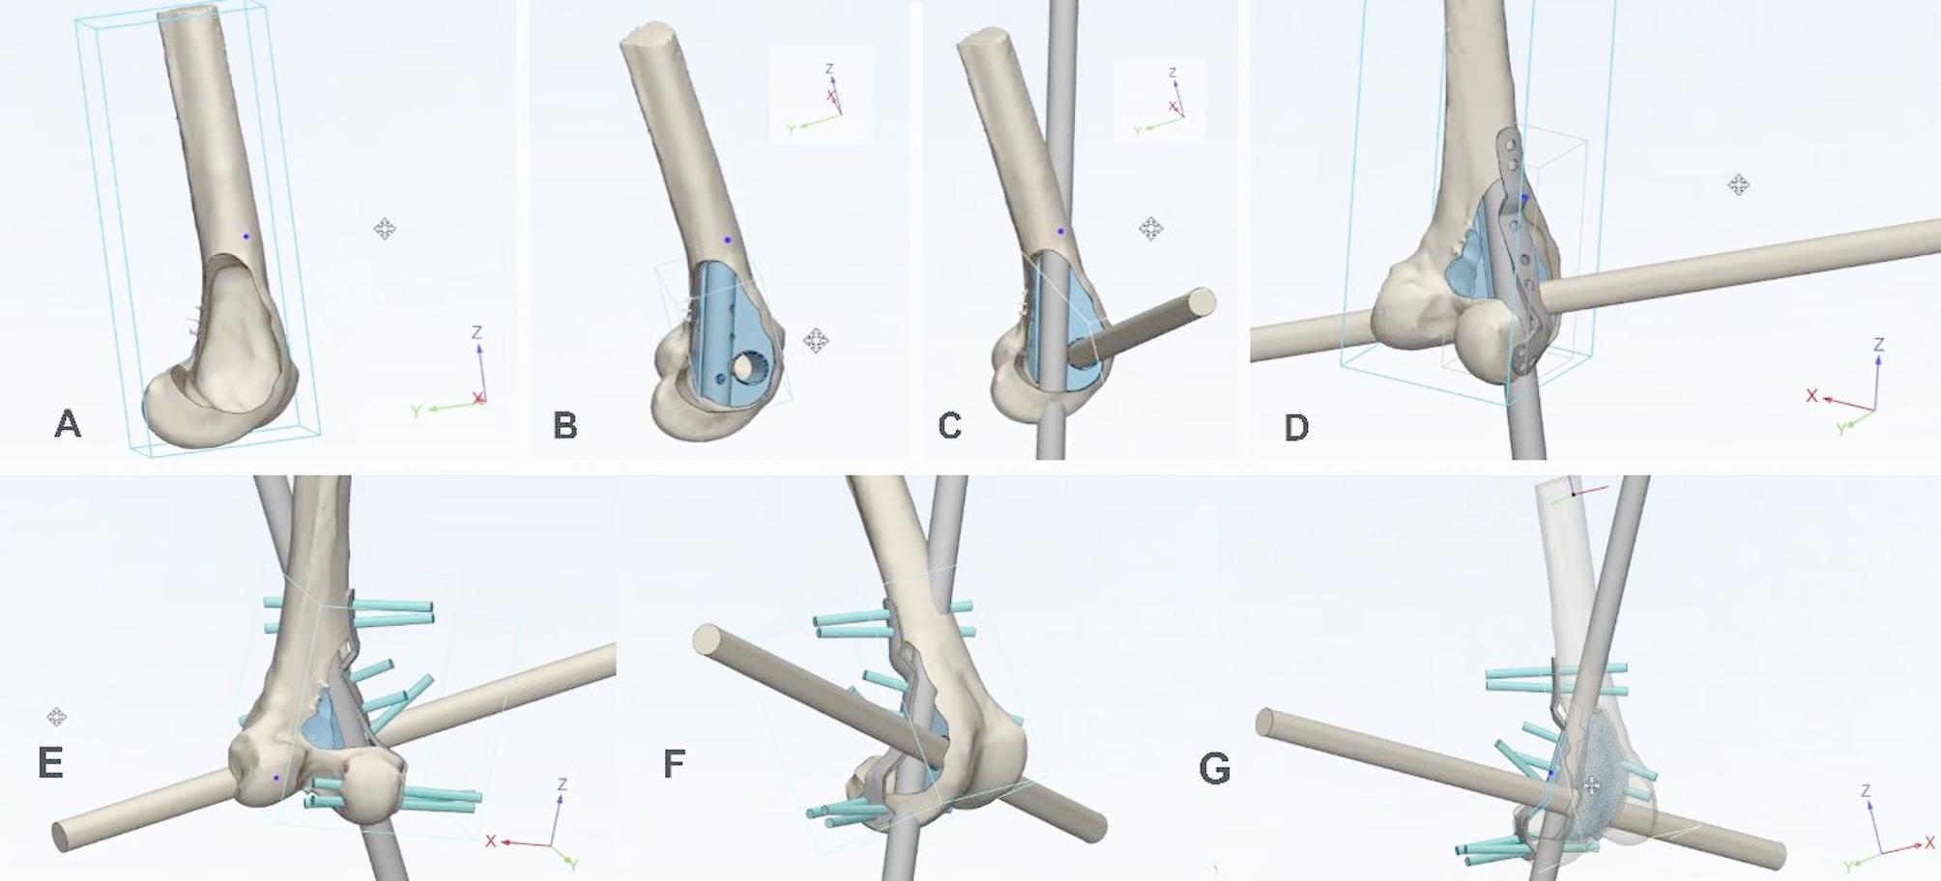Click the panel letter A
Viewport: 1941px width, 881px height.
coord(68,423)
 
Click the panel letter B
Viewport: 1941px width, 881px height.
coord(565,425)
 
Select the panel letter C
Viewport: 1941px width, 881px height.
coord(950,425)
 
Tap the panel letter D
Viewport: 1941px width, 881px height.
coord(1296,427)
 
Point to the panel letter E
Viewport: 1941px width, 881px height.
coord(50,763)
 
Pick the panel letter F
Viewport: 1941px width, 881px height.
coord(674,763)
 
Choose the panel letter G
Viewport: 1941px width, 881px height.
coord(1215,769)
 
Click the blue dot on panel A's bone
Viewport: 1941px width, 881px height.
coord(246,237)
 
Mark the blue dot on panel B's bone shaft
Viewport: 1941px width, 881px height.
coord(728,240)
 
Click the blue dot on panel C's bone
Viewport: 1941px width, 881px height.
coord(1060,232)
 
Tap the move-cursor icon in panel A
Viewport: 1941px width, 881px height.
coord(384,229)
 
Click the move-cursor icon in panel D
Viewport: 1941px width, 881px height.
coord(1738,185)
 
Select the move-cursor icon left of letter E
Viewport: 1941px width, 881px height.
coord(56,717)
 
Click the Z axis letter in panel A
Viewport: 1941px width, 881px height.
coord(477,333)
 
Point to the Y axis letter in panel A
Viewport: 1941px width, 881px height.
coord(417,412)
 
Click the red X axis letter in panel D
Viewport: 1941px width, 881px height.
coord(1812,396)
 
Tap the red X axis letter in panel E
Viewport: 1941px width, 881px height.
coord(491,841)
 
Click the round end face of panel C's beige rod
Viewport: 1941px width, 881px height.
coord(1202,301)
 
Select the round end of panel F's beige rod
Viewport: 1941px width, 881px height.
coord(709,640)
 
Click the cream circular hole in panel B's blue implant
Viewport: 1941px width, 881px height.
coord(747,367)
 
